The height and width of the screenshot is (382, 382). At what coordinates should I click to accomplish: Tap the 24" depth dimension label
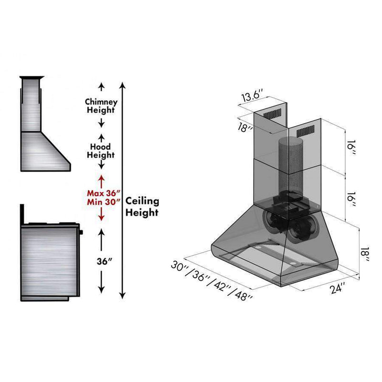(338, 288)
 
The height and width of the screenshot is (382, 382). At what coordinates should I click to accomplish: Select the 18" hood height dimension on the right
(365, 255)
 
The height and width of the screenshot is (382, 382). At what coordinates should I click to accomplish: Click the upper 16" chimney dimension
(351, 148)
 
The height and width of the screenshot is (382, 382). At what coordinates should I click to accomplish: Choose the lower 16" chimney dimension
(351, 200)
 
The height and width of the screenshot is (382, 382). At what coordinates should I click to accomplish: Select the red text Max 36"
(104, 193)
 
